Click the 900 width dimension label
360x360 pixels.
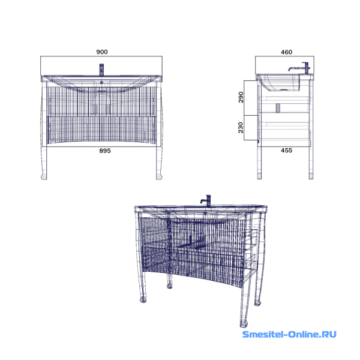(102, 52)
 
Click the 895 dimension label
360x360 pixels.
(105, 151)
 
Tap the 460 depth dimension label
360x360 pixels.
(287, 52)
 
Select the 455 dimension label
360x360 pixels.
(287, 151)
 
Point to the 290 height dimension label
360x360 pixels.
(241, 97)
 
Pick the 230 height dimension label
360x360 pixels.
(241, 128)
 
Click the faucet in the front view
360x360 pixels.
(101, 70)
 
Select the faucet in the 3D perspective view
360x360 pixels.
(206, 200)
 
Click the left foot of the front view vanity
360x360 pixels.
(44, 177)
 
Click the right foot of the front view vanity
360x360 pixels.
(159, 177)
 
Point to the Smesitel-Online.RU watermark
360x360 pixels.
(289, 334)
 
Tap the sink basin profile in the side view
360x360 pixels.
(281, 83)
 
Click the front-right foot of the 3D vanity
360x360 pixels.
(244, 324)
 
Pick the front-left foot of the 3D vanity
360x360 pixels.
(143, 299)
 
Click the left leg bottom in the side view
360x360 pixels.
(259, 176)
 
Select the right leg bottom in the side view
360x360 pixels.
(311, 176)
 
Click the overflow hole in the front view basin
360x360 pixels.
(101, 82)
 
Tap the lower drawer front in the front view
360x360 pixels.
(101, 130)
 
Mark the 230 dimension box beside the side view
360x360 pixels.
(251, 128)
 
